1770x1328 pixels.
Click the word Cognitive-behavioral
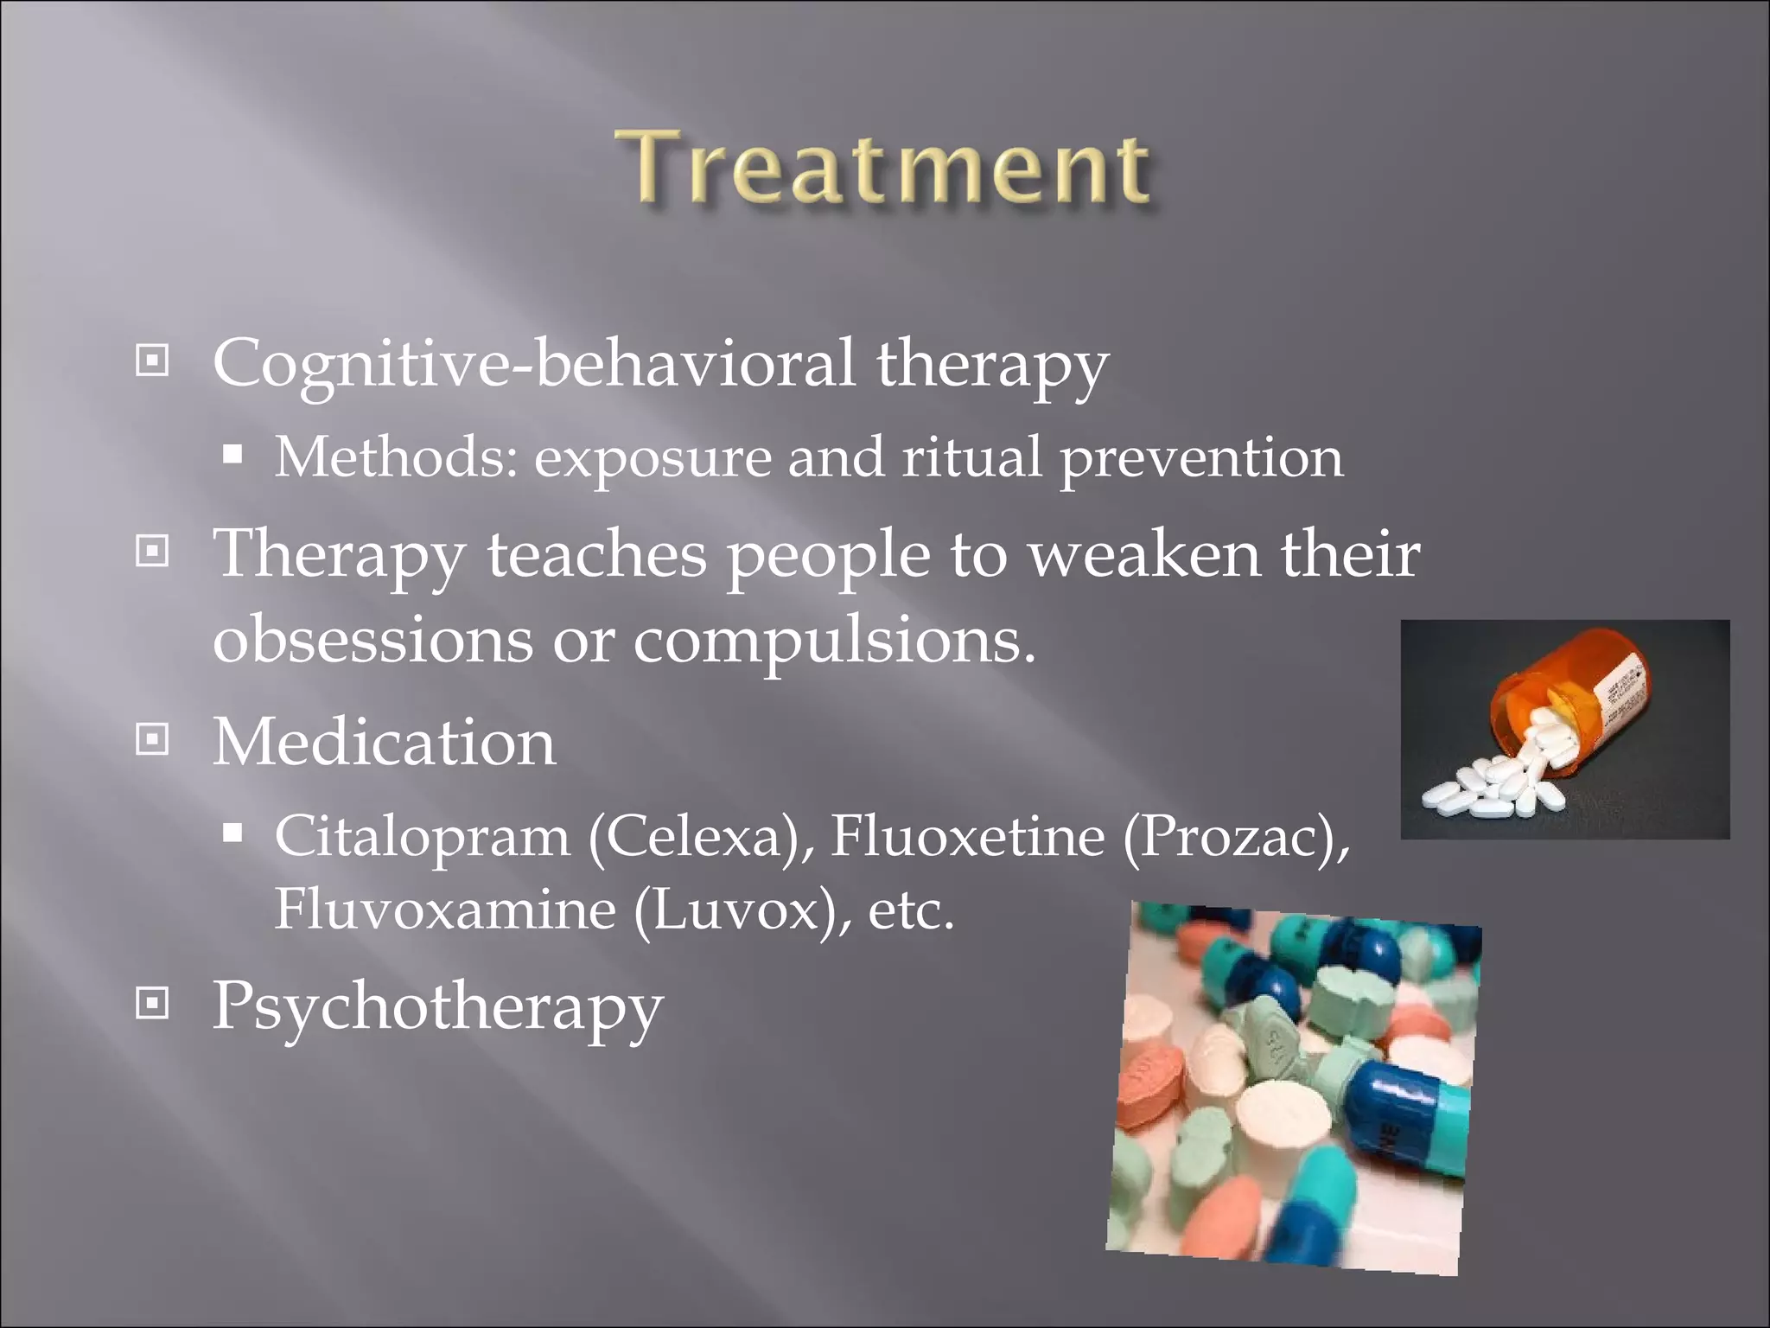coord(533,363)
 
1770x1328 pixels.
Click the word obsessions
coord(372,640)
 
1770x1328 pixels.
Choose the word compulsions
coord(833,640)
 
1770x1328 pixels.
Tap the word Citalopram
coord(422,836)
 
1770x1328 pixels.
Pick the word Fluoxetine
coord(967,836)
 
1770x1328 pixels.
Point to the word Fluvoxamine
coord(444,910)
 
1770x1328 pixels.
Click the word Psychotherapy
coord(437,1006)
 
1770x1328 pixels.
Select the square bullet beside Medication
coord(153,739)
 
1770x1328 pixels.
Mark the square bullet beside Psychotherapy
coord(153,1003)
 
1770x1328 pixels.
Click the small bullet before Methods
coord(232,455)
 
